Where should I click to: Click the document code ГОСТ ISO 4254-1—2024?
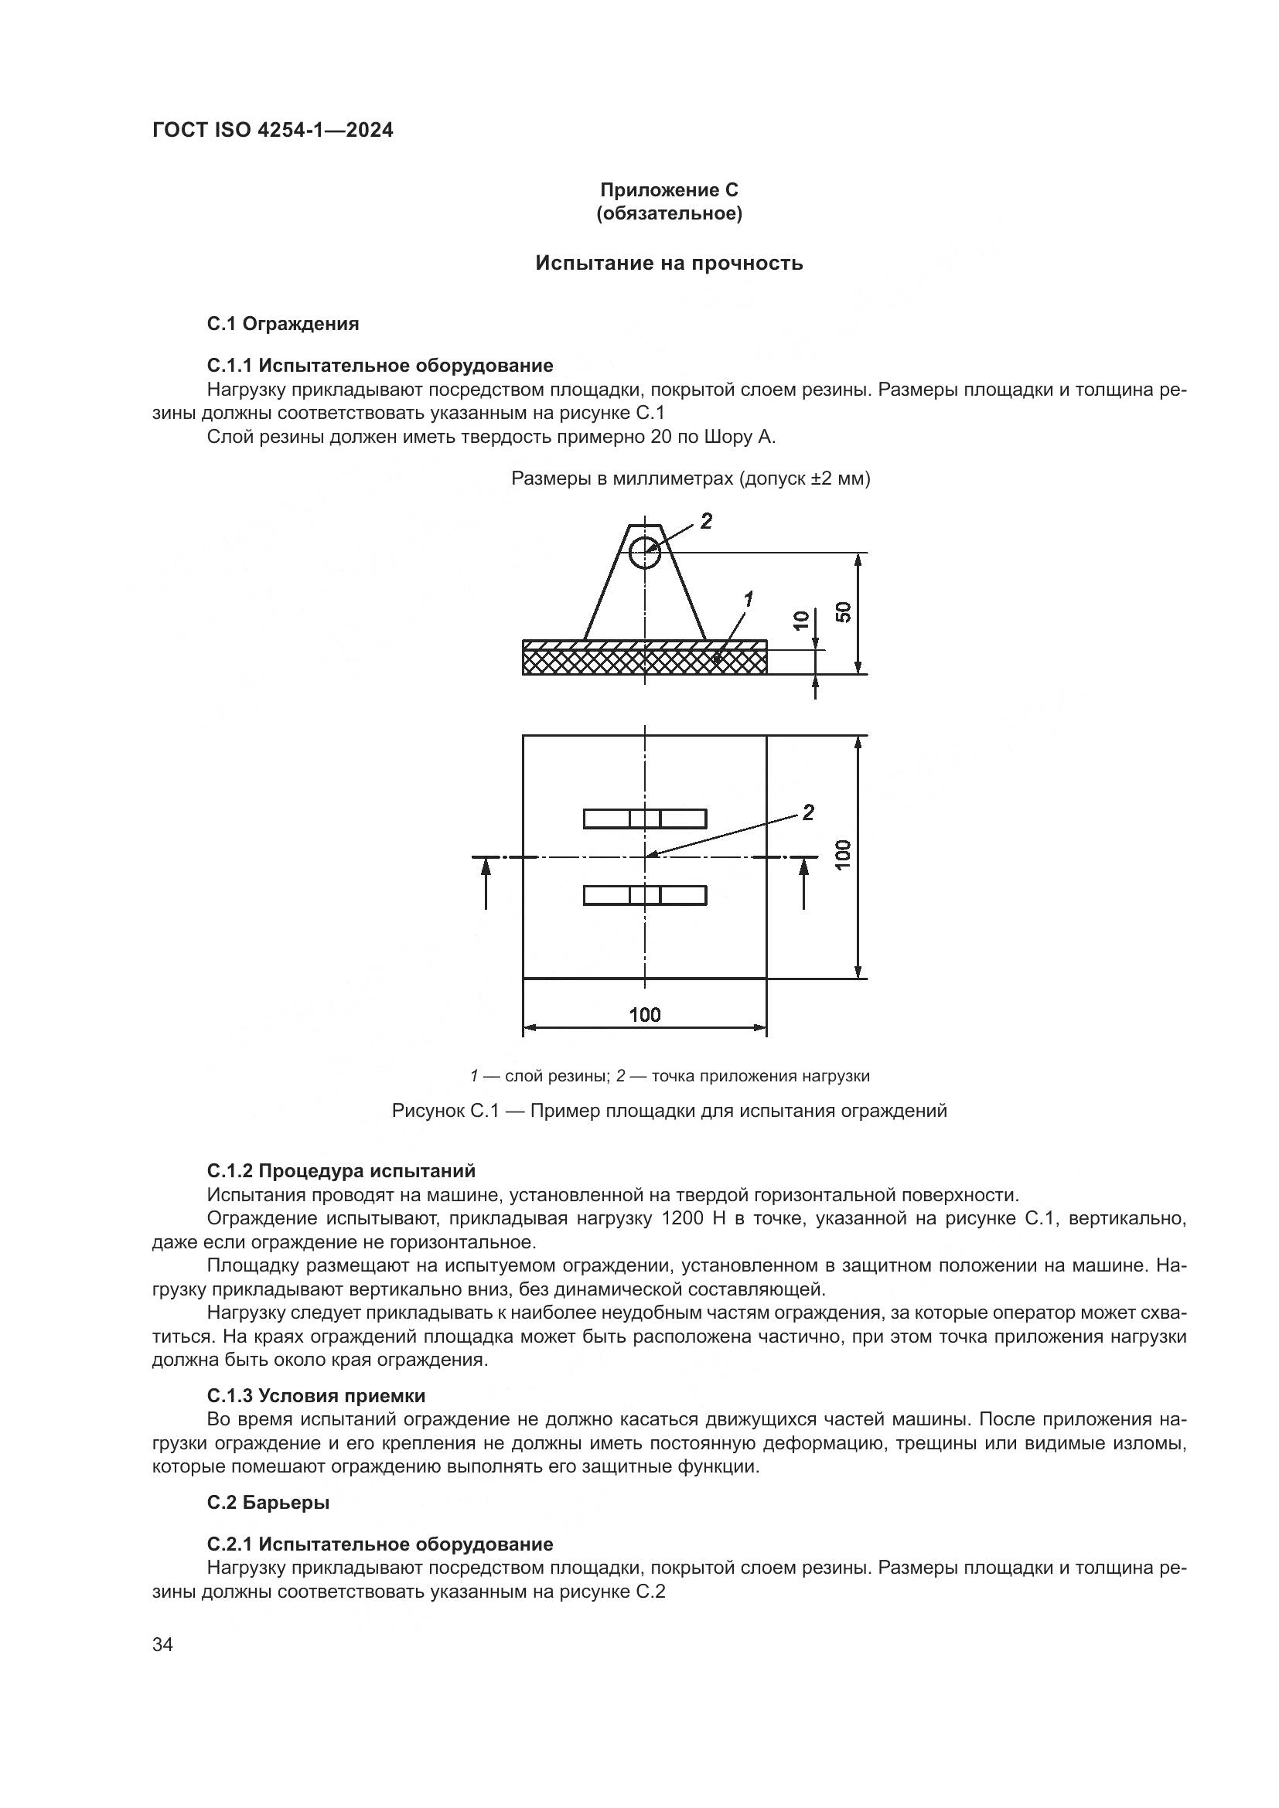point(272,131)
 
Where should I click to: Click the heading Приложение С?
point(669,190)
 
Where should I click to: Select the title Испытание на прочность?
point(669,263)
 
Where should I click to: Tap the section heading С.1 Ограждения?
point(283,324)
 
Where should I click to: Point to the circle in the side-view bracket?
point(644,551)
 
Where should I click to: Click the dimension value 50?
point(844,612)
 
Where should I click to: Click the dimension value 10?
point(801,620)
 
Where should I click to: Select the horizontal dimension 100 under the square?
point(644,1015)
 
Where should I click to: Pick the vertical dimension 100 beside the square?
point(844,855)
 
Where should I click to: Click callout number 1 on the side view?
point(748,600)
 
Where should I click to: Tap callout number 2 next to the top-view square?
point(808,812)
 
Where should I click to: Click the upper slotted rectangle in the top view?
point(644,819)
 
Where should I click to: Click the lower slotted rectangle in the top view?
point(644,895)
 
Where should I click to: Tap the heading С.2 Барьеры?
point(268,1503)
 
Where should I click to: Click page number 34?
point(162,1645)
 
